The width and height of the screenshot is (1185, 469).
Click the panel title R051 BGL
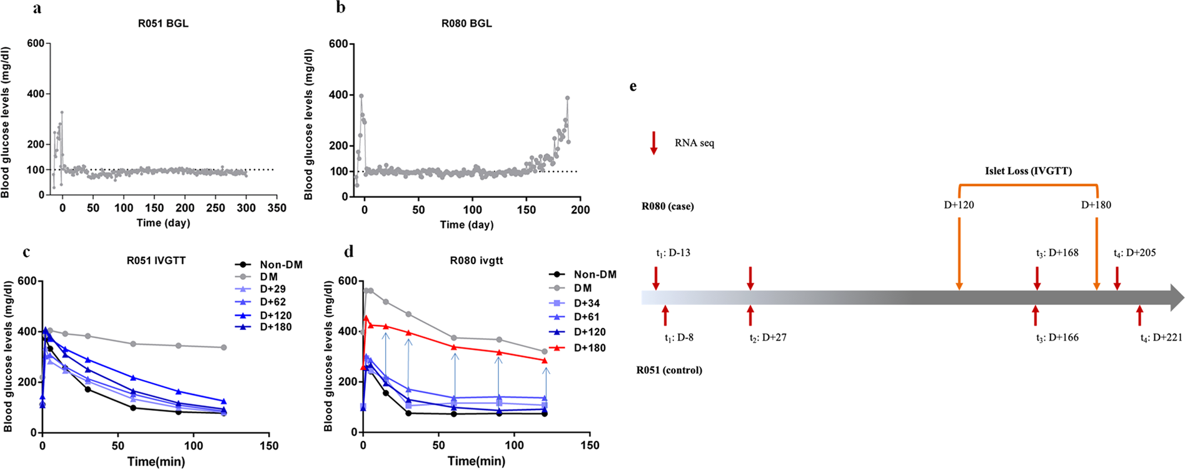pyautogui.click(x=163, y=24)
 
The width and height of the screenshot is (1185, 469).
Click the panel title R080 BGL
pyautogui.click(x=466, y=24)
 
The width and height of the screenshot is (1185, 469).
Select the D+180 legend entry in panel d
pyautogui.click(x=590, y=348)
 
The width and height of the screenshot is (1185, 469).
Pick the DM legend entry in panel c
pyautogui.click(x=269, y=277)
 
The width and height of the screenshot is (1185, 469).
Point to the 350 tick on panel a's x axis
pyautogui.click(x=277, y=208)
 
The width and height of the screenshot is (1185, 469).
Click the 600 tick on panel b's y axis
pyautogui.click(x=338, y=44)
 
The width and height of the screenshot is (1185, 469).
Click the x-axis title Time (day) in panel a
pyautogui.click(x=163, y=223)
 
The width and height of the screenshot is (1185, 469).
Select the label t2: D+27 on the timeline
pyautogui.click(x=768, y=338)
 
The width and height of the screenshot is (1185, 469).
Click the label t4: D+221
pyautogui.click(x=1161, y=338)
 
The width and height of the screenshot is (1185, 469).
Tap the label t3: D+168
pyautogui.click(x=1057, y=253)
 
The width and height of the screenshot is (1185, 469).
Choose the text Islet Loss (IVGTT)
pyautogui.click(x=1028, y=171)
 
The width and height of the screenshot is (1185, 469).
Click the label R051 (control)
pyautogui.click(x=669, y=370)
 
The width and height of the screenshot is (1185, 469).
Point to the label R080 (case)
pyautogui.click(x=667, y=206)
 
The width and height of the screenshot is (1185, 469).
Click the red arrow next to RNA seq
pyautogui.click(x=653, y=143)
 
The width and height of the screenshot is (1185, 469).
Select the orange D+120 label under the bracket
pyautogui.click(x=959, y=205)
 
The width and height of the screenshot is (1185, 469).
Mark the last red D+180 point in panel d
pyautogui.click(x=544, y=361)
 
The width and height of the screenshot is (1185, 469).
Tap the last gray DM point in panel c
pyautogui.click(x=224, y=348)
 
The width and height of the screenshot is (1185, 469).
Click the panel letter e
pyautogui.click(x=633, y=86)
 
